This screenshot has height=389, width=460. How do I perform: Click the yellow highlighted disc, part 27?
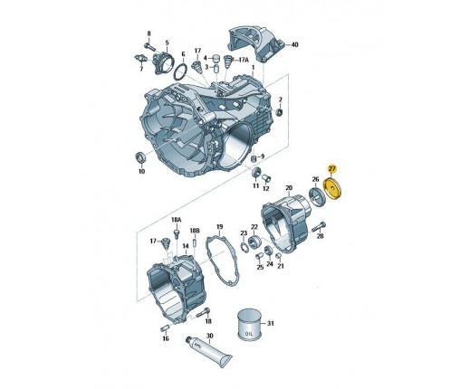click(x=333, y=189)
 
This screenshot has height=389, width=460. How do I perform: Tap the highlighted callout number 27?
click(x=331, y=169)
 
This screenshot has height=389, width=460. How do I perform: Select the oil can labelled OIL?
click(x=249, y=325)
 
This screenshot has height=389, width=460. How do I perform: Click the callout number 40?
click(x=294, y=44)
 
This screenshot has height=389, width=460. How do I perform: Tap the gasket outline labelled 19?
click(x=222, y=261)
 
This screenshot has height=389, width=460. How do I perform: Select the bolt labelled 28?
click(x=318, y=226)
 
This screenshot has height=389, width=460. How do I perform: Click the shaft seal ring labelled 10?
click(x=140, y=157)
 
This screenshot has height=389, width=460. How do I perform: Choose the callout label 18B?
click(x=195, y=231)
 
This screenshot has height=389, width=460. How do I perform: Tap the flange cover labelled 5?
click(x=164, y=62)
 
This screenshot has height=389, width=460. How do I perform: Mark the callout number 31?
click(x=271, y=323)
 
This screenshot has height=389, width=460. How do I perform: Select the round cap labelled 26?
click(x=318, y=197)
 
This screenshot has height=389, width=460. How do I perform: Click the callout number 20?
click(x=289, y=188)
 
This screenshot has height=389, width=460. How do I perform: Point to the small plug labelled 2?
click(x=280, y=112)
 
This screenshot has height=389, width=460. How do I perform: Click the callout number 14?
click(x=186, y=246)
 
